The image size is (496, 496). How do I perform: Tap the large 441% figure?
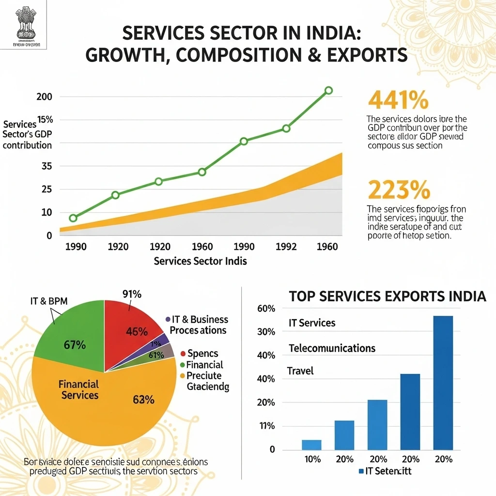tap(398, 100)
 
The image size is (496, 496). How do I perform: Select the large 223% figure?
tap(399, 189)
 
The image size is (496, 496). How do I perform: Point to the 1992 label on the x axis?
tap(286, 247)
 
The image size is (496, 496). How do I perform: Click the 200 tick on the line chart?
tap(44, 96)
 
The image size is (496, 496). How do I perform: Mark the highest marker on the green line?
tap(328, 90)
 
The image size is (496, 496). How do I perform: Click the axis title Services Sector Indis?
tap(200, 261)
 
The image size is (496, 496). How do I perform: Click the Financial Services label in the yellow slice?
tap(78, 389)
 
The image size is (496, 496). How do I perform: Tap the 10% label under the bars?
tap(311, 459)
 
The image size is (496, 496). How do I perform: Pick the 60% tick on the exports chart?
tap(265, 309)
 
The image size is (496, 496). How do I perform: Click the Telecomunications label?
tap(332, 348)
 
